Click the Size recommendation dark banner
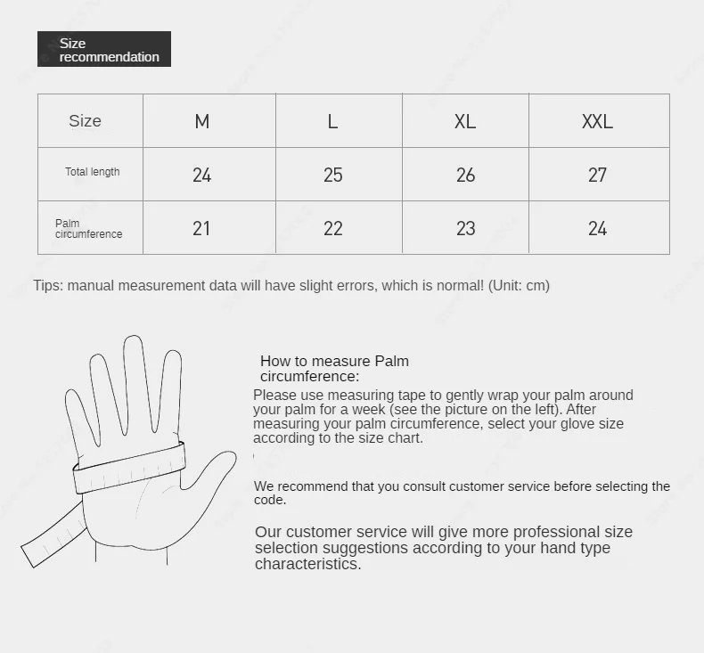pyautogui.click(x=104, y=49)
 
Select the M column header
pyautogui.click(x=202, y=121)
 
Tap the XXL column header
pyautogui.click(x=597, y=121)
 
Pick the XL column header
pyautogui.click(x=465, y=121)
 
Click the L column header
pyautogui.click(x=332, y=121)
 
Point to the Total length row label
pyautogui.click(x=92, y=172)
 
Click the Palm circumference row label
pyautogui.click(x=88, y=229)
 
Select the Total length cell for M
pyautogui.click(x=202, y=175)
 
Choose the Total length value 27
pyautogui.click(x=597, y=175)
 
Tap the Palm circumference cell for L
pyautogui.click(x=332, y=229)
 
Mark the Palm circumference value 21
pyautogui.click(x=202, y=229)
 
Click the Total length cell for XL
pyautogui.click(x=465, y=175)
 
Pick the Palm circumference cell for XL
pyautogui.click(x=465, y=229)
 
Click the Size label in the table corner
pyautogui.click(x=86, y=121)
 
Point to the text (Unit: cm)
pyautogui.click(x=519, y=286)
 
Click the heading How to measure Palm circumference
pyautogui.click(x=334, y=368)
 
